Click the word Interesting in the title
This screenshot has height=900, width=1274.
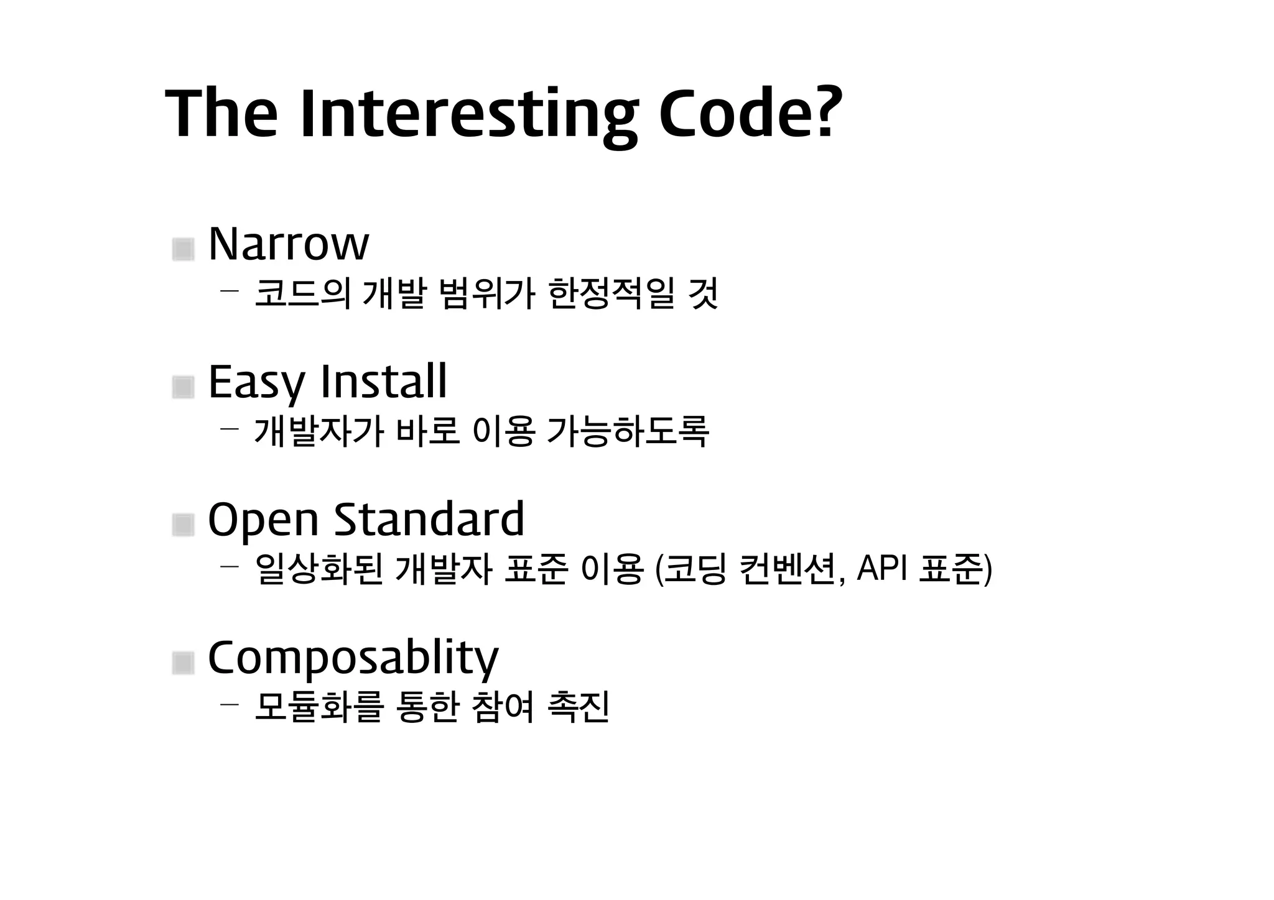coord(468,115)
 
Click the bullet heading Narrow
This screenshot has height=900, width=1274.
coord(288,244)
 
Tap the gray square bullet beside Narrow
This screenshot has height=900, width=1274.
coord(183,249)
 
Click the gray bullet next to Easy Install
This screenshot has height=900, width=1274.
coord(183,388)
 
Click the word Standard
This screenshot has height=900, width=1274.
coord(429,519)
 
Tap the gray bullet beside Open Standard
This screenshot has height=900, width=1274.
coord(183,525)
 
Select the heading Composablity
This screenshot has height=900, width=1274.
coord(353,658)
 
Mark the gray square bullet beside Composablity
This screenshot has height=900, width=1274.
coord(183,663)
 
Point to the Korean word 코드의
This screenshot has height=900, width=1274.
coord(303,293)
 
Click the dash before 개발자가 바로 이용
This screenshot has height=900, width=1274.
coord(229,428)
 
